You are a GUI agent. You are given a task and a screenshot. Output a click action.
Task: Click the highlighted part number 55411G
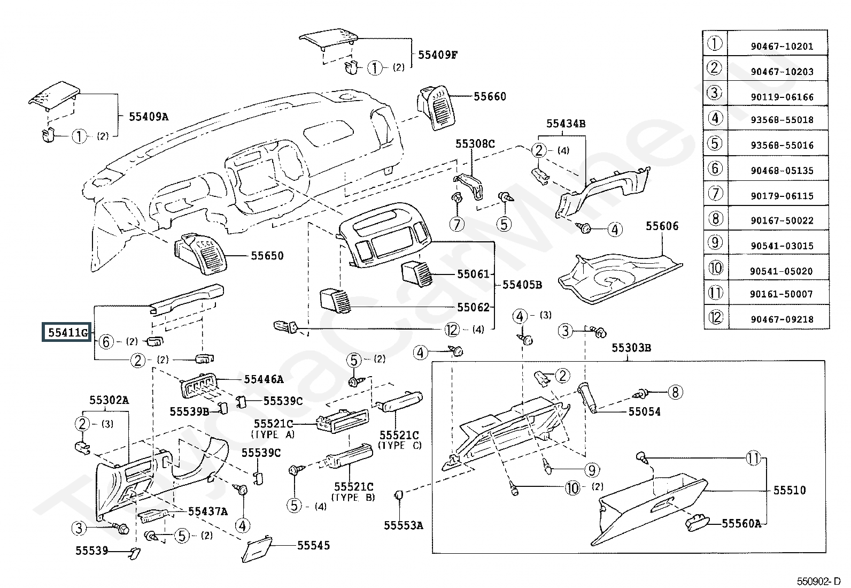click(x=67, y=332)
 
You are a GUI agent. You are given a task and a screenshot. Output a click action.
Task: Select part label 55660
click(x=490, y=96)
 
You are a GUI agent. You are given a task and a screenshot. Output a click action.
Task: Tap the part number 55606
click(x=662, y=226)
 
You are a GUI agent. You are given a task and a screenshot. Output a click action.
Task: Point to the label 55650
click(x=267, y=256)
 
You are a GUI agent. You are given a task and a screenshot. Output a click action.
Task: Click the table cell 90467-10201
click(x=782, y=47)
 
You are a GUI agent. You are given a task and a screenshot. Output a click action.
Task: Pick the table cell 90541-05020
click(x=782, y=271)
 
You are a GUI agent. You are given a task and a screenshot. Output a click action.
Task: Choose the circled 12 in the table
click(x=715, y=317)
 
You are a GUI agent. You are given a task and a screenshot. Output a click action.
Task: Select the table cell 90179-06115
click(x=782, y=196)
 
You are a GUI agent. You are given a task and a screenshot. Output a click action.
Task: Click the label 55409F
click(x=437, y=54)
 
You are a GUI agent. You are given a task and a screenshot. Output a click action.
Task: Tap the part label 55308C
click(x=475, y=143)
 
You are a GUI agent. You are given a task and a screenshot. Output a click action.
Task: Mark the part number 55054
click(x=644, y=411)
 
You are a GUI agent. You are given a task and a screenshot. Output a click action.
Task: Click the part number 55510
click(x=789, y=490)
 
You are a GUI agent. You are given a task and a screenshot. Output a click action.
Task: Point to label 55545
click(x=313, y=545)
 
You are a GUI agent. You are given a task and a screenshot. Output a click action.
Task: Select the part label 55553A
click(x=403, y=525)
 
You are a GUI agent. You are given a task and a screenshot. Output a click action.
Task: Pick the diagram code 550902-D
click(x=817, y=581)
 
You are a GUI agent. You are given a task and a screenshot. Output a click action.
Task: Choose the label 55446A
click(x=264, y=379)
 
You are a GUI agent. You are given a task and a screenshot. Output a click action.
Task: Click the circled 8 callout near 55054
click(x=675, y=393)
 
